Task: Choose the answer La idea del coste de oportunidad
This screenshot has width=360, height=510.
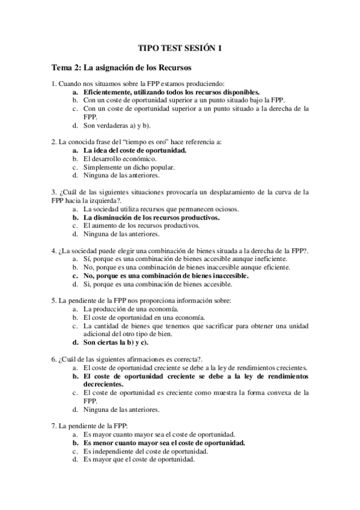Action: (x=135, y=150)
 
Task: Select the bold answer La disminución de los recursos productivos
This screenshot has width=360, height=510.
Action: (x=151, y=217)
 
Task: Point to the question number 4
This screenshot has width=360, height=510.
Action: (x=54, y=250)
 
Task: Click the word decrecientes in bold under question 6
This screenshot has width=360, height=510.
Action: (x=103, y=384)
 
